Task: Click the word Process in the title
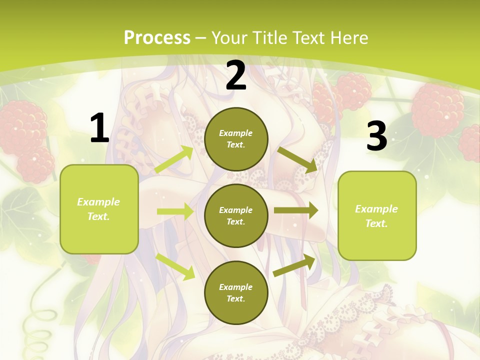pos(157,38)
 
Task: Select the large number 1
pos(99,128)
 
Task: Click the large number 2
pos(236,76)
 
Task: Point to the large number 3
pos(376,136)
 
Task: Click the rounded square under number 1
pos(99,209)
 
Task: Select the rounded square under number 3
pos(377,215)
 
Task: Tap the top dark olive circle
pos(236,139)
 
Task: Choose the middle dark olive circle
pos(236,215)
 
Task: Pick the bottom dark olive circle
pos(236,292)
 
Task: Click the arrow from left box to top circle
pos(174,159)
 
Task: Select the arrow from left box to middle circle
pos(175,211)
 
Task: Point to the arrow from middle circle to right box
pos(295,211)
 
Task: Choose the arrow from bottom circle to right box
pos(294,265)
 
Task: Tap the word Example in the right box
pos(376,209)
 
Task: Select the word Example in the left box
pos(98,202)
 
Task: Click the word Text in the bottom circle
pos(235,298)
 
